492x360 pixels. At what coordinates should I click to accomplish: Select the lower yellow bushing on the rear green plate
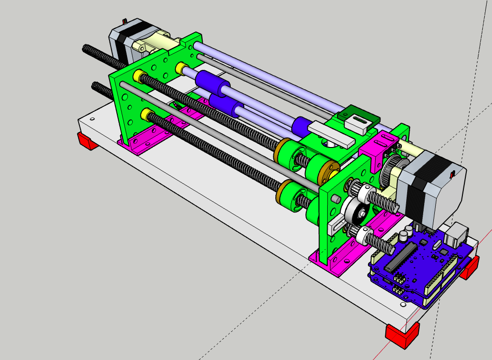point(145,115)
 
